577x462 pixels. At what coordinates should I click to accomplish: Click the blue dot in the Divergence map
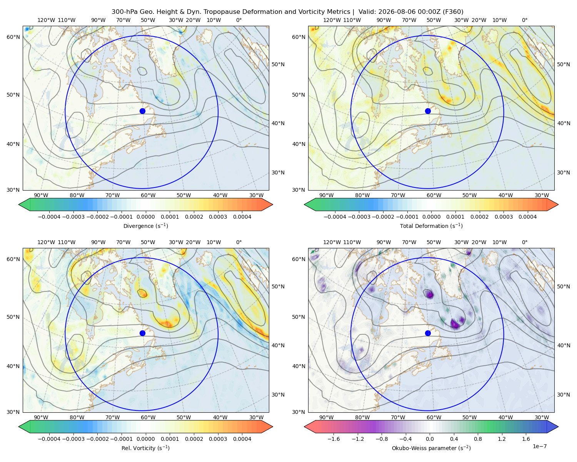(142, 111)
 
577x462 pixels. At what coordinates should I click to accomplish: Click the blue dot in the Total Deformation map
(428, 111)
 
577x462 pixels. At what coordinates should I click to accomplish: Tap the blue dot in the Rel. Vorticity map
(142, 333)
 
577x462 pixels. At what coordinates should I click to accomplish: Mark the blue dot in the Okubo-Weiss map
(428, 333)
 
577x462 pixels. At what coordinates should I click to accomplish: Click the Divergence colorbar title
(145, 226)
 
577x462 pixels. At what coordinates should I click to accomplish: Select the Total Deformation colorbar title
(431, 226)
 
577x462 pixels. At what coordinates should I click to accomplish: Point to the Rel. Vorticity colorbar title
(145, 448)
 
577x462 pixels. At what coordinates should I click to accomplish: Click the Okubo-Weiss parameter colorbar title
(431, 448)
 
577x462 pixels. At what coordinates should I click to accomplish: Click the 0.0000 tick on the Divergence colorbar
(145, 217)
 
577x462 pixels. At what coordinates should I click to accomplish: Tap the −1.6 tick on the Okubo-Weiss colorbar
(334, 439)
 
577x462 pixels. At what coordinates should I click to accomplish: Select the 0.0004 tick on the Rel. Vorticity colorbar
(242, 439)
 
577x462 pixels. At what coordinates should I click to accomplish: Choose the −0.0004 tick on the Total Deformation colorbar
(335, 217)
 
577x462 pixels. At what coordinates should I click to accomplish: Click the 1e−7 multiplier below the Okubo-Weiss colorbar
(539, 446)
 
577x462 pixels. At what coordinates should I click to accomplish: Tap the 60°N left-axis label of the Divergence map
(13, 37)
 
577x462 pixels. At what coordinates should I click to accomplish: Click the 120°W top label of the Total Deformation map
(332, 20)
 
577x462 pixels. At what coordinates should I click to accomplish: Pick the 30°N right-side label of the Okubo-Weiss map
(564, 395)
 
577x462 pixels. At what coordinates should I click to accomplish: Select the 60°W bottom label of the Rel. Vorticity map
(148, 417)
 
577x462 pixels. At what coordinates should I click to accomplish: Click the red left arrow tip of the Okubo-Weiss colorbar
(305, 427)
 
